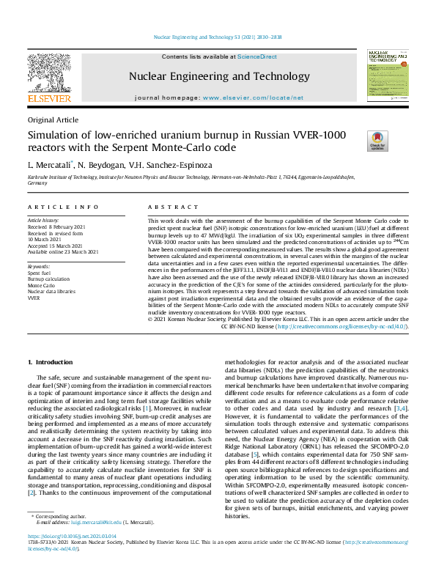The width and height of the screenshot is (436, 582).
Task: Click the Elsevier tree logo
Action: pos(49,76)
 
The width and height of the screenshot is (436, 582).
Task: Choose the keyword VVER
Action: pos(34,299)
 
